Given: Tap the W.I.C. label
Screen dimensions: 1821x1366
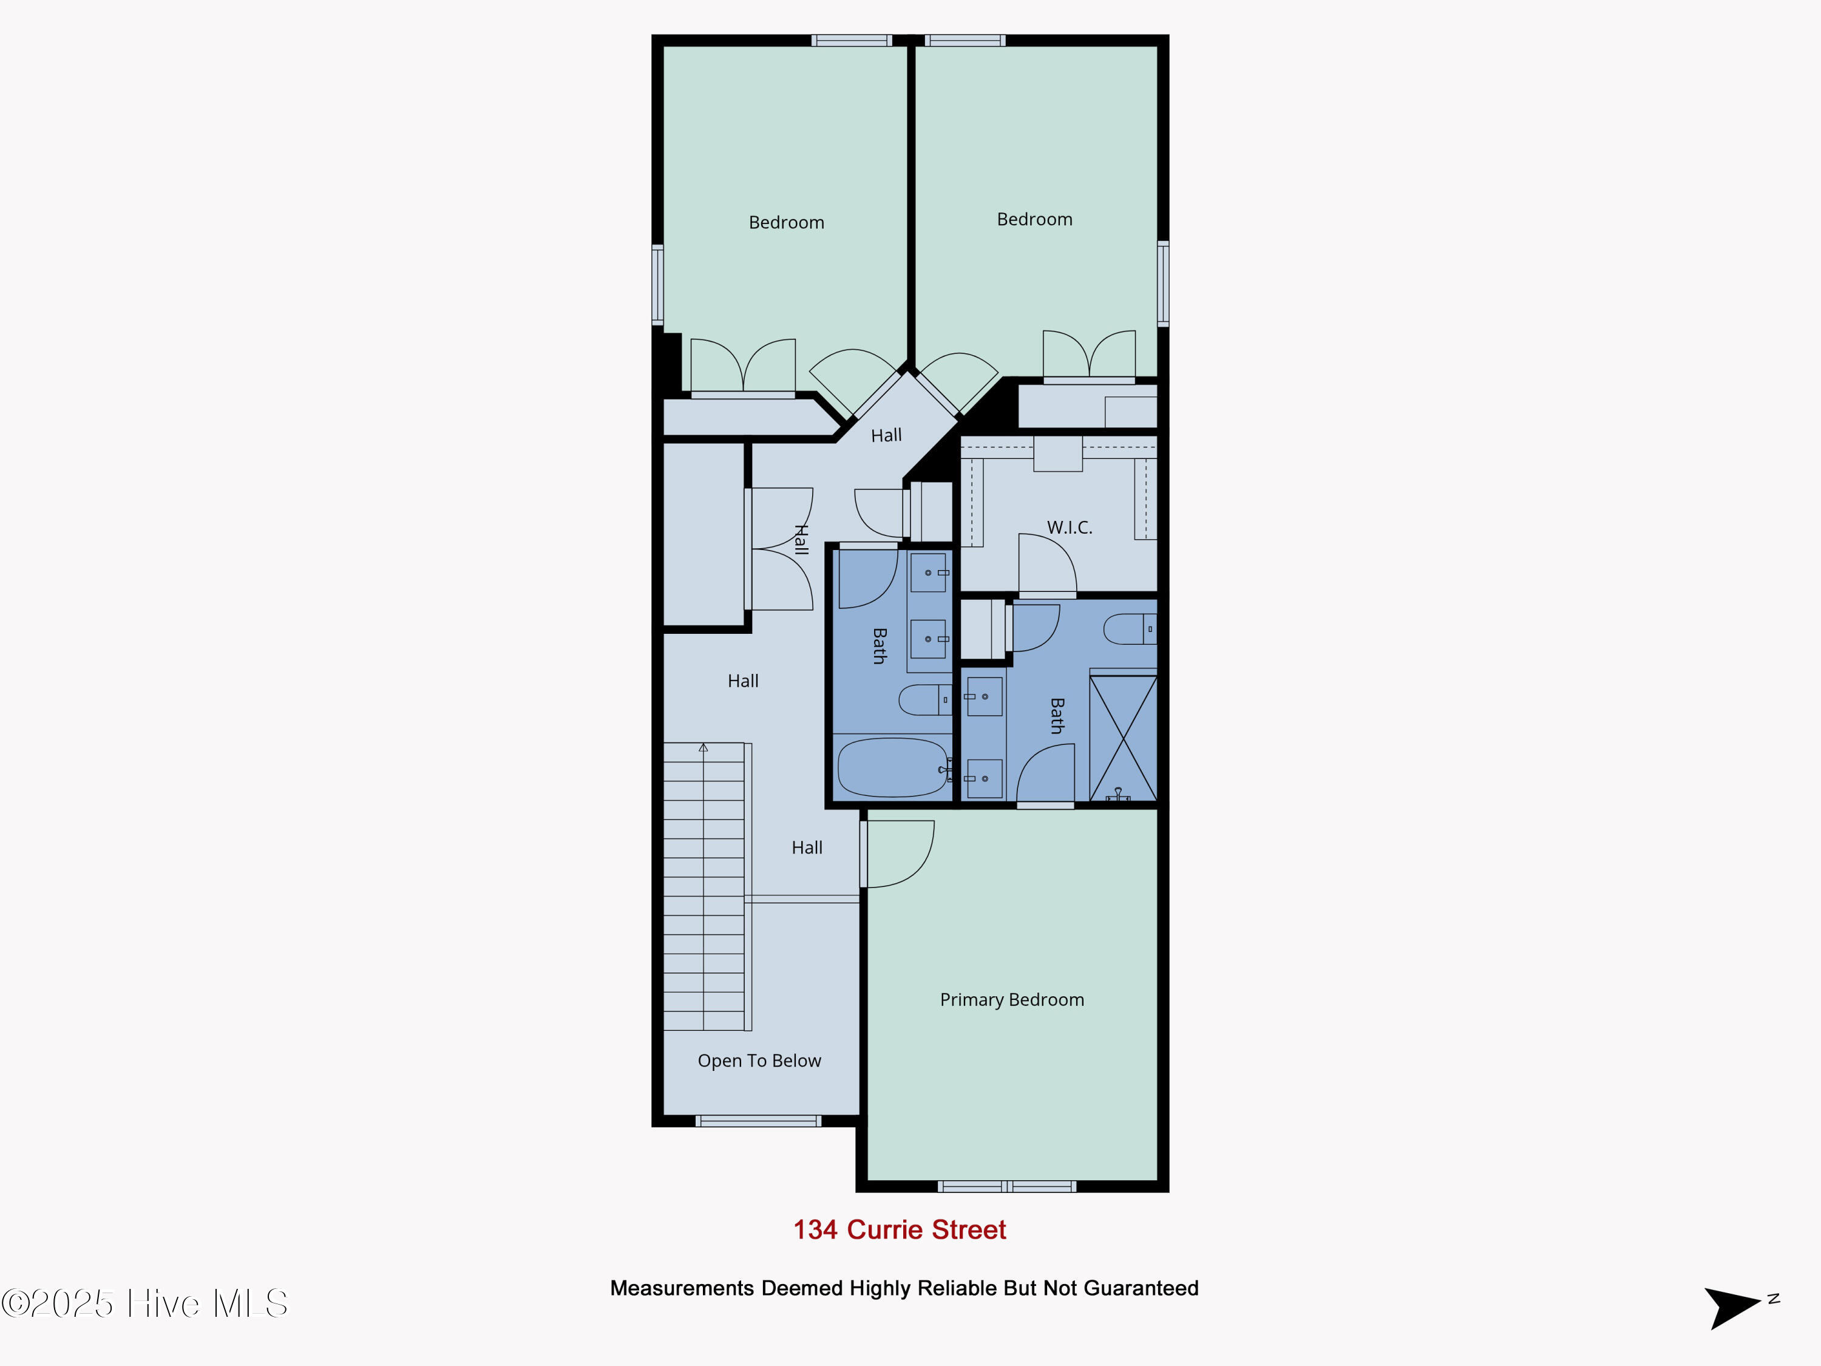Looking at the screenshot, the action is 1070,528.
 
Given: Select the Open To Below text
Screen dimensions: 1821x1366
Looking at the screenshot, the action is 759,1061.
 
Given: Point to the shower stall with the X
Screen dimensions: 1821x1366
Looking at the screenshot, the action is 1123,738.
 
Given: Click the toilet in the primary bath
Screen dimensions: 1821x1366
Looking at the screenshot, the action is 1130,629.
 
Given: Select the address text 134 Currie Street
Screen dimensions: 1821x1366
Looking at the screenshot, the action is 899,1229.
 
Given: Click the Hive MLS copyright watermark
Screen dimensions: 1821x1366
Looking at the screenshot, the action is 145,1303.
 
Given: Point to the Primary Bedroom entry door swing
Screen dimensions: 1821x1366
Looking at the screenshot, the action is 899,854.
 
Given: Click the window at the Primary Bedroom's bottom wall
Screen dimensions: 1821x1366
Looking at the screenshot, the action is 1007,1186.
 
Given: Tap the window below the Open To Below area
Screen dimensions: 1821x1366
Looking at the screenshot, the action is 758,1121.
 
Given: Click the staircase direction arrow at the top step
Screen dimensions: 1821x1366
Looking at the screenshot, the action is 703,747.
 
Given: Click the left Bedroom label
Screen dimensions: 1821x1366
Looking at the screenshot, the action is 786,222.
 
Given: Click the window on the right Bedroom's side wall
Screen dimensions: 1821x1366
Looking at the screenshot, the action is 1163,284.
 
